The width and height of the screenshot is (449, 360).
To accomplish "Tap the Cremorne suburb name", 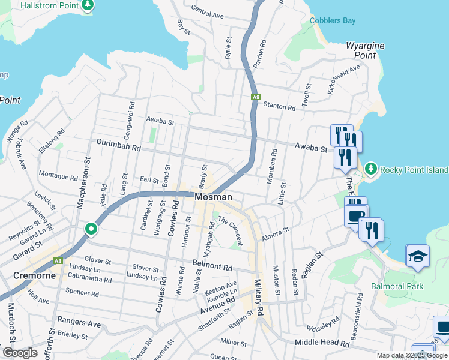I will click(x=35, y=276).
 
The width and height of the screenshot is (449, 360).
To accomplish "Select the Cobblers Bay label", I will click(x=333, y=20).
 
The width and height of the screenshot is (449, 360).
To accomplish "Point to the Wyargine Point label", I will click(x=361, y=50).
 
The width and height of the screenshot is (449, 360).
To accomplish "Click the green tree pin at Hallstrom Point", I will click(x=88, y=5).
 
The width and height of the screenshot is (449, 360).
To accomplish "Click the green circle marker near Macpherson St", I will click(x=91, y=229).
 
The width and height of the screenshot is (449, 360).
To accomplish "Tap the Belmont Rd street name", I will click(x=212, y=266).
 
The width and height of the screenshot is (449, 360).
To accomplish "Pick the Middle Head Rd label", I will click(x=322, y=343).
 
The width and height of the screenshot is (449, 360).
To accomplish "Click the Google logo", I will click(x=20, y=353).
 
